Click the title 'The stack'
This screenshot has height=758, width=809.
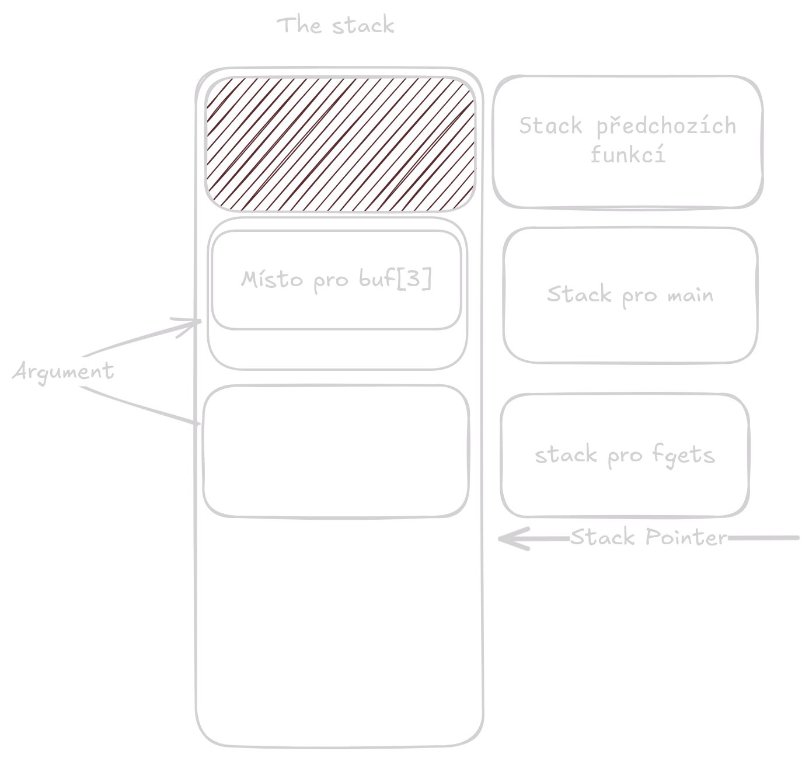[336, 26]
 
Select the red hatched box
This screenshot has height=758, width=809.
[340, 144]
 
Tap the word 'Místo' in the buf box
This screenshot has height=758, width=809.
[273, 279]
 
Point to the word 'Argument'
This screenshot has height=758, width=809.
[63, 371]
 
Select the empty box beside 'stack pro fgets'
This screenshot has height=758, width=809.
[336, 451]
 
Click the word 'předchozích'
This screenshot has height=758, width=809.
[665, 126]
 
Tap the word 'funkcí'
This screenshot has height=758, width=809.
[627, 155]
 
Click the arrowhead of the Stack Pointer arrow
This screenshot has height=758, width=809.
[505, 539]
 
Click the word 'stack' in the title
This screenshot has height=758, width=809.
[363, 26]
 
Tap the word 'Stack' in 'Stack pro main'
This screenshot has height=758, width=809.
[571, 294]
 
